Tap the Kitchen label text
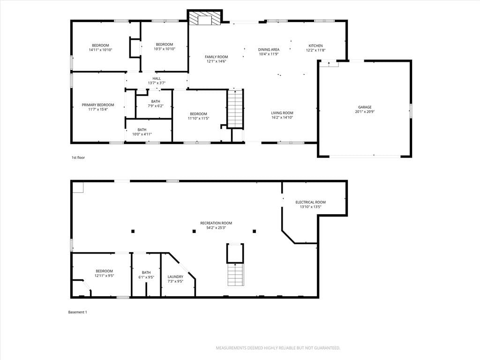[315, 45]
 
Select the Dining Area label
[269, 50]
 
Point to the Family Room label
[216, 57]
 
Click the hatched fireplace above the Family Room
[204, 18]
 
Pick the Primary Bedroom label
[97, 105]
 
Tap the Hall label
[157, 78]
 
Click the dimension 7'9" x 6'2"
[156, 106]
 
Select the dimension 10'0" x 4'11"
[142, 134]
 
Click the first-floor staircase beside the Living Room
[235, 109]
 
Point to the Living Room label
[282, 112]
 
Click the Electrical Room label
[310, 202]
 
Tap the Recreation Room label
[216, 223]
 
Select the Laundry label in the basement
[175, 277]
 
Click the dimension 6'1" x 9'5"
[146, 277]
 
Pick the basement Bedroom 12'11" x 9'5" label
[104, 273]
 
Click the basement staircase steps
[236, 275]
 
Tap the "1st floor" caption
[78, 157]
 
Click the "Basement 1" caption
[77, 312]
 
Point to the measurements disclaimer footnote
[278, 348]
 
